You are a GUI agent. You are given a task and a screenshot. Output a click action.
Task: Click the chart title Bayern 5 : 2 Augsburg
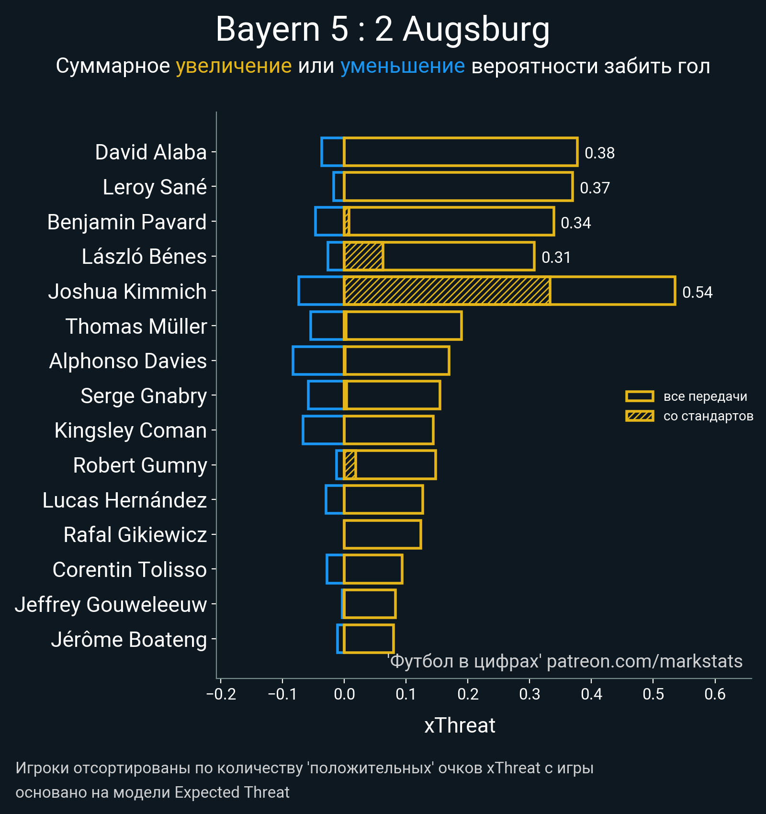pos(383,30)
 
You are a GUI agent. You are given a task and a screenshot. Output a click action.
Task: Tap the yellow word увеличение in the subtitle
pos(234,66)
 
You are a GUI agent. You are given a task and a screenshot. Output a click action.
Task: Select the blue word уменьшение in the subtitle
pos(402,66)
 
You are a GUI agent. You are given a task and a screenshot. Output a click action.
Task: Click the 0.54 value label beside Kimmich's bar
pos(697,292)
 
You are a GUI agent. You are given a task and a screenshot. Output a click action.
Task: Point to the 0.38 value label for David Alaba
pos(599,153)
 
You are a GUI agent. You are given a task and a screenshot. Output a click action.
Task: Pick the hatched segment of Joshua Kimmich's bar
pos(447,291)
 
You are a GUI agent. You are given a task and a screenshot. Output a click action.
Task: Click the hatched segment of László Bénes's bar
pos(363,256)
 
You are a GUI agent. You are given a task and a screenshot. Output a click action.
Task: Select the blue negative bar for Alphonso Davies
pos(318,361)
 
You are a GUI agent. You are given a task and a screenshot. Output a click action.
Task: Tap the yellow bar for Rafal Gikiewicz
pos(383,534)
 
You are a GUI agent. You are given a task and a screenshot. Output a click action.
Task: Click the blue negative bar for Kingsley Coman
pos(323,430)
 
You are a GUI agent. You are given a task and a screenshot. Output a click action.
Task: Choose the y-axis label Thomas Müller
pos(136,327)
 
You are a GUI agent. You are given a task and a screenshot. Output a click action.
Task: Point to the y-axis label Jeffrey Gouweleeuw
pos(111,605)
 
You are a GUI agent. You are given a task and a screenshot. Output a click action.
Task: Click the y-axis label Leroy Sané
pos(155,187)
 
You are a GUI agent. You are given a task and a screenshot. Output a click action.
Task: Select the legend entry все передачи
pos(705,396)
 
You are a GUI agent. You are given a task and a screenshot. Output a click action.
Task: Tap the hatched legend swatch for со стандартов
pos(640,416)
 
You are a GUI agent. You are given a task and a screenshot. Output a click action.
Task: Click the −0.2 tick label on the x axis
pos(221,694)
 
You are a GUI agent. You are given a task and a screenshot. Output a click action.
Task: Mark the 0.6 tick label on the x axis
pos(715,694)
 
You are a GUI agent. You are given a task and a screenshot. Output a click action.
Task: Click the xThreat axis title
pos(460,725)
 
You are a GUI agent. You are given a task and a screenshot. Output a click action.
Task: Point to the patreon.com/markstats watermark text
pos(644,661)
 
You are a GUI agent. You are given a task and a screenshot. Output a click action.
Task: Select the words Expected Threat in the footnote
pos(232,792)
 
